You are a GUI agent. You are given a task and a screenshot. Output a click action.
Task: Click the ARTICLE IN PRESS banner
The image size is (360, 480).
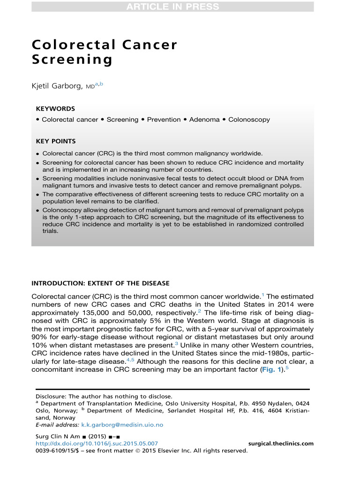172,7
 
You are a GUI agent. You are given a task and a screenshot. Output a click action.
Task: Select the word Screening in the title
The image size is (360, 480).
72,60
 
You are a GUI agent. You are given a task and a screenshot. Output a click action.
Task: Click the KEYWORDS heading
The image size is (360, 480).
55,108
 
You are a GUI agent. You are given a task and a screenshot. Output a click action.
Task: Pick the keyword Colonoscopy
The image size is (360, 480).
249,120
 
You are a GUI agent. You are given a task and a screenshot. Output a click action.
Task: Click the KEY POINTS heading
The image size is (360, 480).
56,141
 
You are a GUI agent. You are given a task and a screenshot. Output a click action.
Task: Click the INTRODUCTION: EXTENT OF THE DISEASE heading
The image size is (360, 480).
100,284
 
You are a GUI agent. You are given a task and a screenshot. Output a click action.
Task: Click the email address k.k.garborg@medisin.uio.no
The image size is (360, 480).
122,425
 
